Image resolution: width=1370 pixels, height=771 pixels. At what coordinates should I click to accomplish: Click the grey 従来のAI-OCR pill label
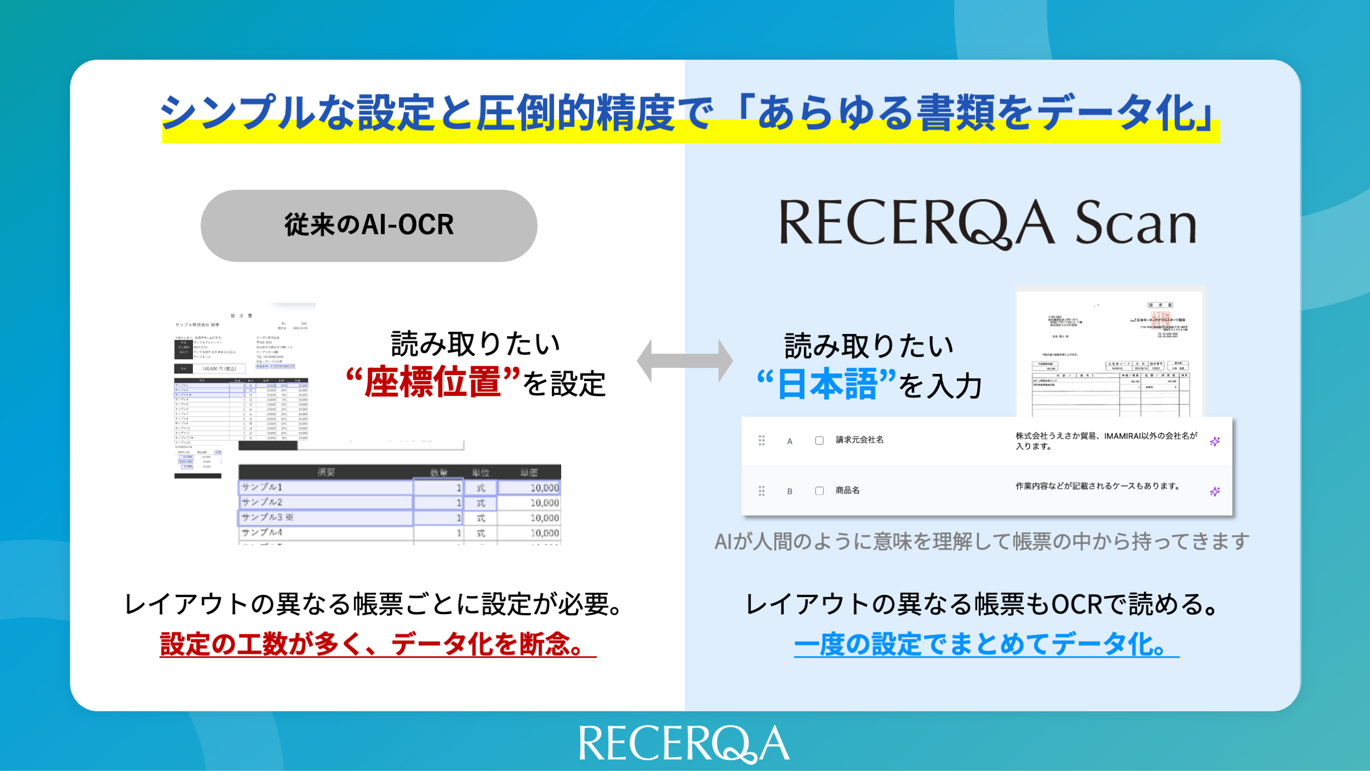(369, 225)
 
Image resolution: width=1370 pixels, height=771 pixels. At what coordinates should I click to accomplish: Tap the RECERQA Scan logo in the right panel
(987, 223)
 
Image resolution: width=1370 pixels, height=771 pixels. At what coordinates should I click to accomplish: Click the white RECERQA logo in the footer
(684, 744)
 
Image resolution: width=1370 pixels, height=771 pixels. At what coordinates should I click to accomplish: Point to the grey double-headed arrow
(684, 361)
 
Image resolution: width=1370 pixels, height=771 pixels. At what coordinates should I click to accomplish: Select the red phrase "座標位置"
(433, 382)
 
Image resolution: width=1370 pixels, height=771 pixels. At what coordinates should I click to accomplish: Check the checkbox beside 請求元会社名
(819, 440)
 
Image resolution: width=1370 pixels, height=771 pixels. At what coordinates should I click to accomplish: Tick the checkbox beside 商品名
(819, 491)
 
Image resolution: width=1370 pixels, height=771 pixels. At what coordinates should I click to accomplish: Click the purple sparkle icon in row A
(1215, 441)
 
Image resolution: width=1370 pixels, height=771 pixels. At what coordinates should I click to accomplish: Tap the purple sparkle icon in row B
(1215, 492)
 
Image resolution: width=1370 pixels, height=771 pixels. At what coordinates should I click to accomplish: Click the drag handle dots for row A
(761, 440)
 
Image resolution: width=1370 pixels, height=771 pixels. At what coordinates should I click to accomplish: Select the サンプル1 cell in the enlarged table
(326, 487)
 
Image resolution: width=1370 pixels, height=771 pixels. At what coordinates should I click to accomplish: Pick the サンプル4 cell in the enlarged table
(326, 532)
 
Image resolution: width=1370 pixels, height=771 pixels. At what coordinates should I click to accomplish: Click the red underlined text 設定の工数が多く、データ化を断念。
(378, 644)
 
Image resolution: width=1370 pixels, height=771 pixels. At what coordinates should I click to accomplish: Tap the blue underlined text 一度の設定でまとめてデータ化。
(986, 644)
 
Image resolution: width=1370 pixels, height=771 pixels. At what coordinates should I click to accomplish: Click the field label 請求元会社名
(859, 440)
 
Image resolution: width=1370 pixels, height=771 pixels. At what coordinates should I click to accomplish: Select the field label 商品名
(847, 490)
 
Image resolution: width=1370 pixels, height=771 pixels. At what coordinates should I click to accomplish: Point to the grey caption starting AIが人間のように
(981, 542)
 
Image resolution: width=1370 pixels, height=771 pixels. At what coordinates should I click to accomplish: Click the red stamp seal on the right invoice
(1161, 319)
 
